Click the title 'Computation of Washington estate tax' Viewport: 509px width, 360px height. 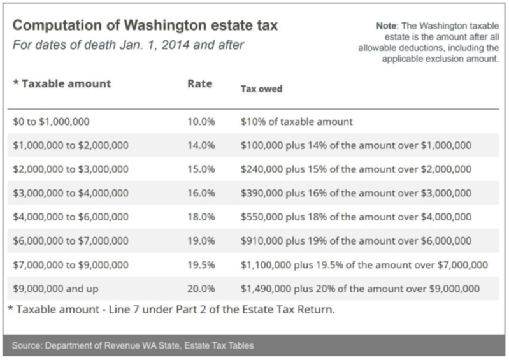pos(145,27)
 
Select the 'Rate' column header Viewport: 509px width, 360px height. pos(199,83)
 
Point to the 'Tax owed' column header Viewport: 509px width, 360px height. pos(261,89)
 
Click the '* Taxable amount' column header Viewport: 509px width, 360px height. pos(62,83)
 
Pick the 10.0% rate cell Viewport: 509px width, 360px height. pos(201,121)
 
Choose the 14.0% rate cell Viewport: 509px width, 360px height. pos(201,145)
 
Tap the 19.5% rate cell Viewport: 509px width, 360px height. pos(201,265)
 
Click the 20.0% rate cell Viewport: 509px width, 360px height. pos(201,289)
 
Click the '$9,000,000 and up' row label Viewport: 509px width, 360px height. pos(55,289)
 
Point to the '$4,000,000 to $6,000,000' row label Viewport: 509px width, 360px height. pos(71,217)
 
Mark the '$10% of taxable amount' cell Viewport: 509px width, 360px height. pos(297,121)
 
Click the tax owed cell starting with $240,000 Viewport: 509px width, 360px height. pos(356,169)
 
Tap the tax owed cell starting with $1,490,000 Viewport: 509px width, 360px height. pos(360,289)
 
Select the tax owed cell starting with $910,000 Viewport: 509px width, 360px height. pos(356,241)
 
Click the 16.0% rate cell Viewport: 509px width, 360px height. pos(201,193)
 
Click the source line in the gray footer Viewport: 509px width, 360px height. pos(133,346)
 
